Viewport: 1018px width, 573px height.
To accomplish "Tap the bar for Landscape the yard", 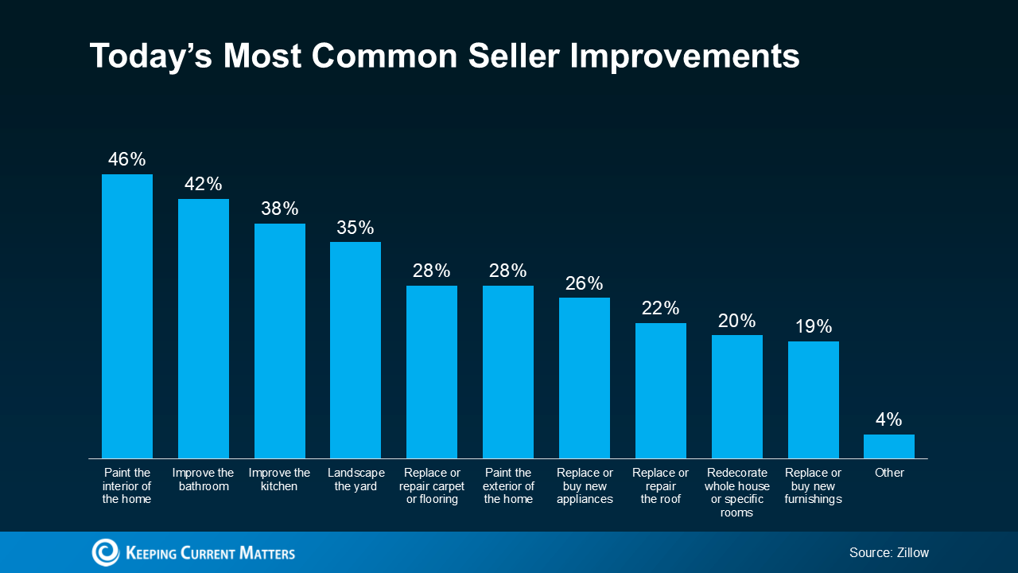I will pyautogui.click(x=356, y=349).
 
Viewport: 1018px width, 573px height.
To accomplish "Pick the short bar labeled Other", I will pyautogui.click(x=889, y=446).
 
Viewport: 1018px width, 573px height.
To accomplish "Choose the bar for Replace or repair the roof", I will pyautogui.click(x=660, y=390).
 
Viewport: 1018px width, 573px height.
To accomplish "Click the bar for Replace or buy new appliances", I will pyautogui.click(x=585, y=377).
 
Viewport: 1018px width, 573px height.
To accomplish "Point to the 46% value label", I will pyautogui.click(x=127, y=159).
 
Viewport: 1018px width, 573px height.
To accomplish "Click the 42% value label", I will pyautogui.click(x=204, y=184).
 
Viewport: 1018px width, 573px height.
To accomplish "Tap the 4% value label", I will pyautogui.click(x=889, y=419).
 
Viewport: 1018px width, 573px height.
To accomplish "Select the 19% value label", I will pyautogui.click(x=813, y=326).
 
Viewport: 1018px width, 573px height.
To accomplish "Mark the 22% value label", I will pyautogui.click(x=660, y=308).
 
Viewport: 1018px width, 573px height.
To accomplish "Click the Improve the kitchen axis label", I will pyautogui.click(x=279, y=479).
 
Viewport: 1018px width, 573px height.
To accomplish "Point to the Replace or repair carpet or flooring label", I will pyautogui.click(x=432, y=486).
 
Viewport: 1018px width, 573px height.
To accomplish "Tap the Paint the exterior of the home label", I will pyautogui.click(x=508, y=486).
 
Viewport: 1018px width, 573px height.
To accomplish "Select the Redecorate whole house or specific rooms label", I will pyautogui.click(x=736, y=493).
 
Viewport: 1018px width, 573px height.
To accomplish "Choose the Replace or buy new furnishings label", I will pyautogui.click(x=813, y=486).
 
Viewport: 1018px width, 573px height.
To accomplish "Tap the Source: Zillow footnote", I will pyautogui.click(x=888, y=552).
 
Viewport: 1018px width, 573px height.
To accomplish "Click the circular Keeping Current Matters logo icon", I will pyautogui.click(x=105, y=552).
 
